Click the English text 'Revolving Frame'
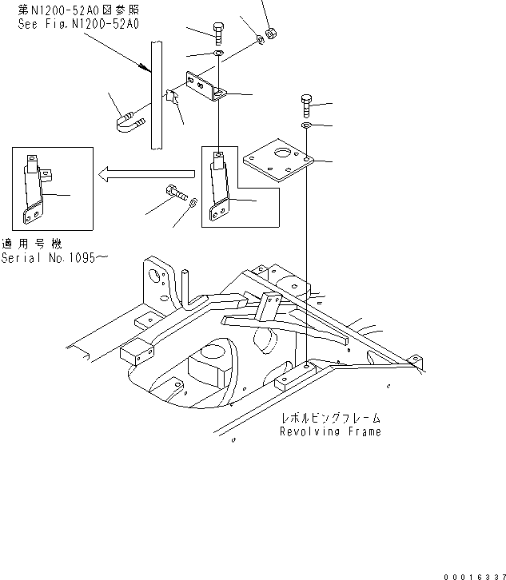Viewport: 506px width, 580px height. [x=330, y=431]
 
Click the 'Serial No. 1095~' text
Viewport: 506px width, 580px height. [x=54, y=258]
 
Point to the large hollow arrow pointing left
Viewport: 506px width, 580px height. [x=145, y=173]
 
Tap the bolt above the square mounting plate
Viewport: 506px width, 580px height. [x=306, y=105]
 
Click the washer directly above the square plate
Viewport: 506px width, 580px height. [x=306, y=125]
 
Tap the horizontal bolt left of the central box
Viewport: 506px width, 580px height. [x=175, y=192]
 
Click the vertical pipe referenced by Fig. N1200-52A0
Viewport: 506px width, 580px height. [x=156, y=96]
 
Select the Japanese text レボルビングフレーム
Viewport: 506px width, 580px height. [x=330, y=418]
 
